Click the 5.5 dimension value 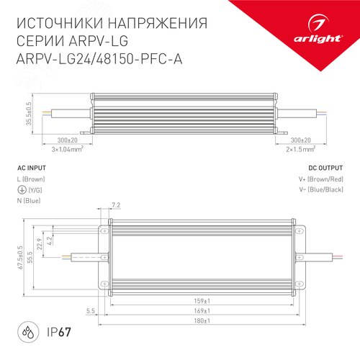click(x=90, y=310)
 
